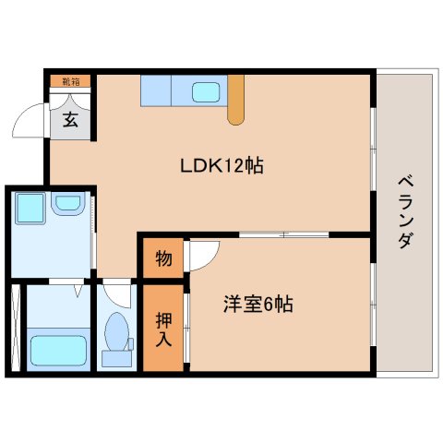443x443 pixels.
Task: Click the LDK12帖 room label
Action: click(x=222, y=166)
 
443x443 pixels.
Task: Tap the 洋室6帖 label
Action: click(x=257, y=305)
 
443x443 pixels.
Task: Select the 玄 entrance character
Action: click(x=70, y=118)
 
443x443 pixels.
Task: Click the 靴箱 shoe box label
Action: click(x=70, y=81)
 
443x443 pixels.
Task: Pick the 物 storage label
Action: click(x=162, y=259)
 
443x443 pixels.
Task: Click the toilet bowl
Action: click(x=117, y=333)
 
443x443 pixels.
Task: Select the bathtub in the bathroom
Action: click(x=58, y=351)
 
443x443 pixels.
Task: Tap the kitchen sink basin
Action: click(x=205, y=92)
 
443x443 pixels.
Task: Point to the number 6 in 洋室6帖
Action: click(x=268, y=305)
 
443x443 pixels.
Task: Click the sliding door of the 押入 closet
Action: click(x=186, y=328)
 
